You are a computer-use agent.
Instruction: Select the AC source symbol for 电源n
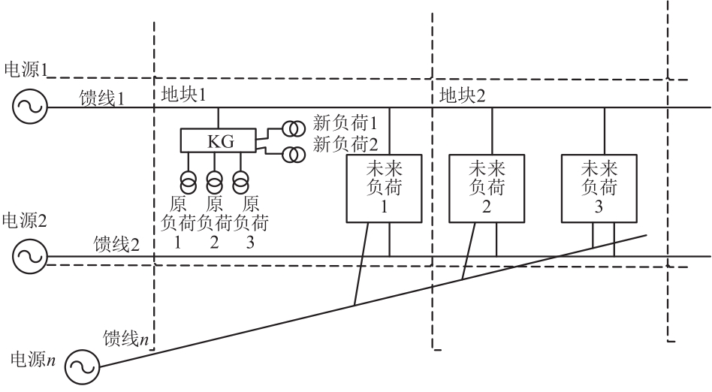pos(82,367)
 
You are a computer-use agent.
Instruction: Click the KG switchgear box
pos(218,140)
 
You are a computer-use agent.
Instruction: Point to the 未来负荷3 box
pos(599,188)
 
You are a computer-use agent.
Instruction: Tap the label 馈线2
pos(116,245)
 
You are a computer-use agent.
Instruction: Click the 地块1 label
pos(183,96)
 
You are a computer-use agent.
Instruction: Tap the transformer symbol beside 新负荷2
pos(292,155)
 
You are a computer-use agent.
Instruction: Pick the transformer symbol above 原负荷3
pos(240,182)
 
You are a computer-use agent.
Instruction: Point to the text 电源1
pos(26,70)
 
